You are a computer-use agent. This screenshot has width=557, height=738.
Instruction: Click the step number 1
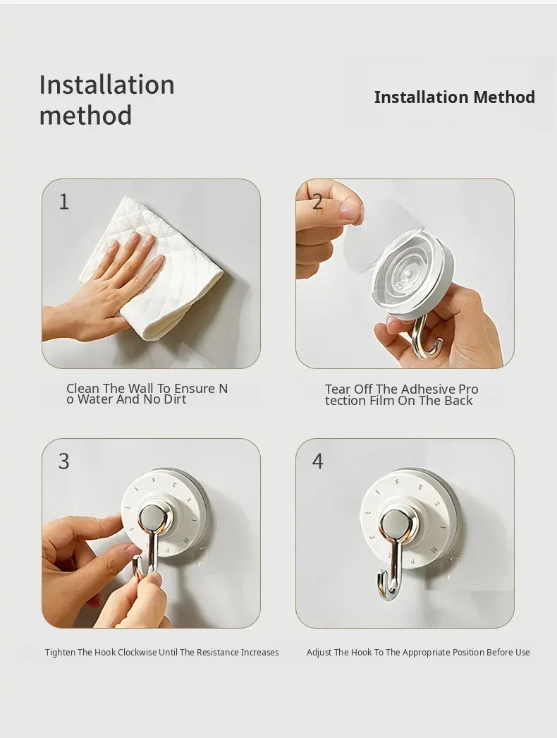point(64,202)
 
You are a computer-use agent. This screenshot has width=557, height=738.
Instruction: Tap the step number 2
point(317,202)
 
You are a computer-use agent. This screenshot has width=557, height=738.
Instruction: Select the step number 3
point(64,461)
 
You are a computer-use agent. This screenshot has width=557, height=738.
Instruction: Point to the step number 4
point(317,461)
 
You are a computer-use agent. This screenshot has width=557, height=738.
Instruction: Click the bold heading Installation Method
point(455,97)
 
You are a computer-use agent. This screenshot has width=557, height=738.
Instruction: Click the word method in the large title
point(85,115)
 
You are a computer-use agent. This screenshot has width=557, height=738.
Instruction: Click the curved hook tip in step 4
point(381,579)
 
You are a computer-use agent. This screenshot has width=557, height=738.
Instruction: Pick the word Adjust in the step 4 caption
point(319,653)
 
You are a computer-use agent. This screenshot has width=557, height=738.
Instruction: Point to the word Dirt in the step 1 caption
point(176,399)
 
